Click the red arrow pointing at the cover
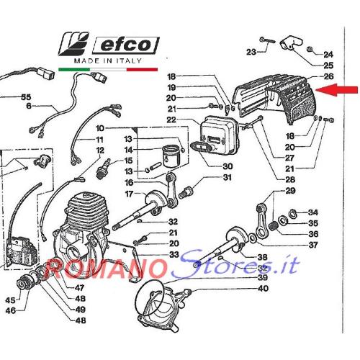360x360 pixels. click(336, 90)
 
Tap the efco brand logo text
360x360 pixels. click(126, 45)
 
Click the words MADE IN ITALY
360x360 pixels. click(108, 61)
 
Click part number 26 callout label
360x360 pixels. click(328, 76)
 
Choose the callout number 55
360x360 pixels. click(26, 97)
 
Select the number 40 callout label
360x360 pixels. click(263, 288)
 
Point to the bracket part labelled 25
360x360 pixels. click(291, 42)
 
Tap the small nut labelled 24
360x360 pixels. click(310, 49)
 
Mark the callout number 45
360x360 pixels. click(11, 300)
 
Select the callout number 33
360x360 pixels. click(174, 254)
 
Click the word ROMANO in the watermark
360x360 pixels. click(106, 268)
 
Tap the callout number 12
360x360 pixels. click(100, 150)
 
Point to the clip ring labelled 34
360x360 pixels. click(292, 214)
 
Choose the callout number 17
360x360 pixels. click(129, 194)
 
